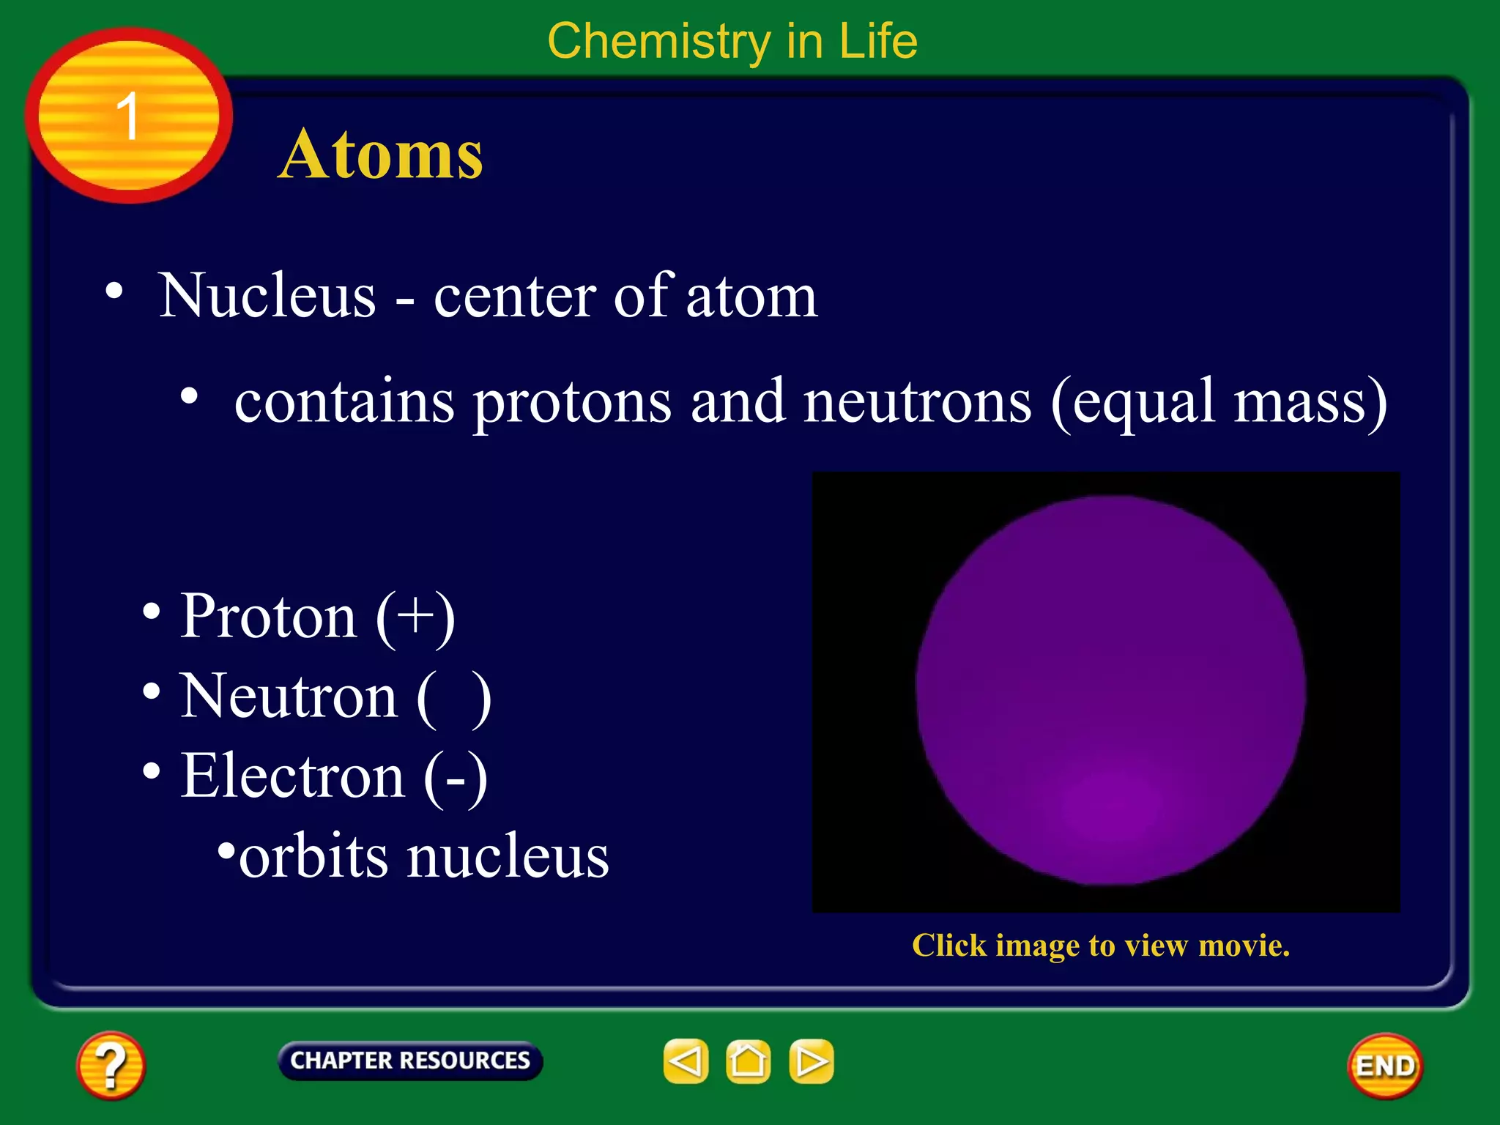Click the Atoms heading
coord(380,155)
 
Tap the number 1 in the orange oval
coord(128,116)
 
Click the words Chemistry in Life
coord(732,41)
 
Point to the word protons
coord(572,402)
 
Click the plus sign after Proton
coord(415,615)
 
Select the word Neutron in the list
coord(289,696)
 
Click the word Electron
coord(293,776)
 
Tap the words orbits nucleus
coord(423,857)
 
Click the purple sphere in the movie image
coord(1110,690)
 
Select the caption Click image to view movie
coord(1100,946)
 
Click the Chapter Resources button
coord(409,1061)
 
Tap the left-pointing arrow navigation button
coord(686,1061)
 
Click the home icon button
coord(748,1061)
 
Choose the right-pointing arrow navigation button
coord(811,1061)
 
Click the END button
coord(1384,1066)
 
